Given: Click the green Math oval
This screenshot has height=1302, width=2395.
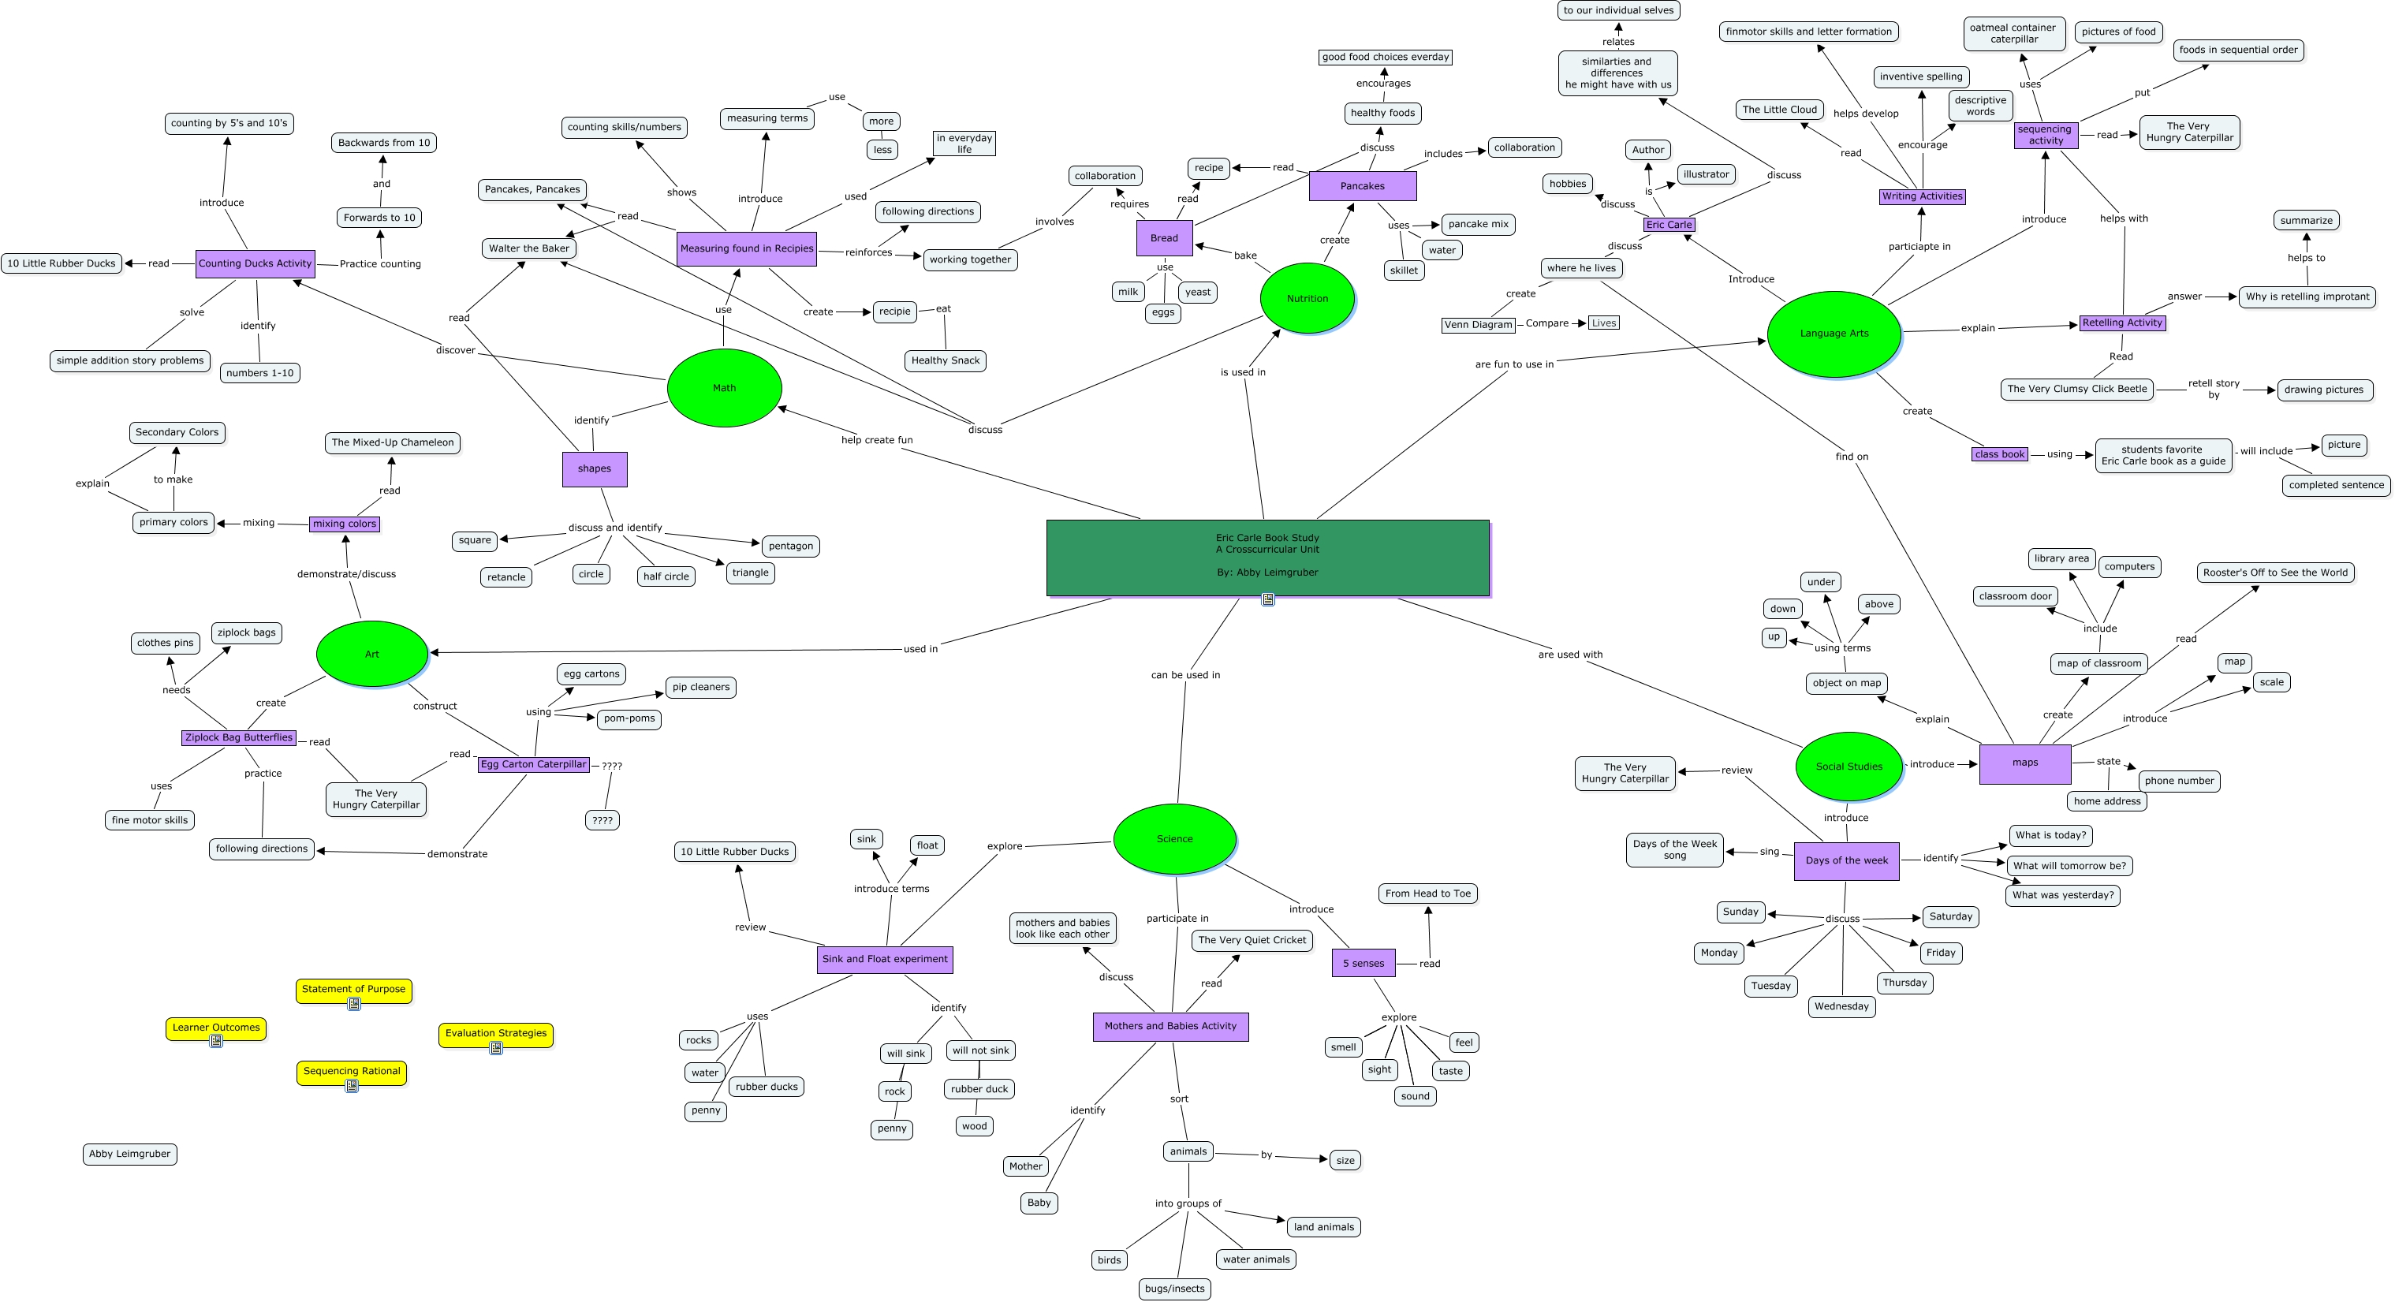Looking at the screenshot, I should click(724, 388).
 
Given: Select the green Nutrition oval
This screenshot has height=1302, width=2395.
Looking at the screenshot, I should click(1308, 299).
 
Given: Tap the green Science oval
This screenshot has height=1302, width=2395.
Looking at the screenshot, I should click(1174, 839).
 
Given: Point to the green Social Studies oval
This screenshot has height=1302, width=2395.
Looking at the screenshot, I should click(1848, 767).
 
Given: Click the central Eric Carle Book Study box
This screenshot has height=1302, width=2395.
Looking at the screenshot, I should click(1267, 557).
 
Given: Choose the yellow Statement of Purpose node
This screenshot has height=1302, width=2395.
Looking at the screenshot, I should click(353, 989).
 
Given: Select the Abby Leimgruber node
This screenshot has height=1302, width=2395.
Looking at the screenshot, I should click(129, 1154).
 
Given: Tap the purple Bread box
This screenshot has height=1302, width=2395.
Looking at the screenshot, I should click(1164, 238).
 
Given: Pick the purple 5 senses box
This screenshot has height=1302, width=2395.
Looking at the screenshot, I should click(1363, 964).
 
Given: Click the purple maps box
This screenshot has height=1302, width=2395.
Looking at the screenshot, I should click(2025, 763).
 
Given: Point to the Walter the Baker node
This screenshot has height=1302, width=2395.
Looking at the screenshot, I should click(529, 248).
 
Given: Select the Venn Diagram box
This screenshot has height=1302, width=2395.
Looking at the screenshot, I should click(1479, 325).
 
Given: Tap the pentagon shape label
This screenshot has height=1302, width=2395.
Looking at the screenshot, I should click(790, 546).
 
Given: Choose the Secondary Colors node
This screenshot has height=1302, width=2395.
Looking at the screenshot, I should click(177, 432).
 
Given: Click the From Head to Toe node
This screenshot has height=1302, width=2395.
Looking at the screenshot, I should click(1427, 893).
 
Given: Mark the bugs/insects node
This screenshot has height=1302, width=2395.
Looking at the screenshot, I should click(1174, 1288).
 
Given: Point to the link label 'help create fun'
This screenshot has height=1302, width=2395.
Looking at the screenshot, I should click(877, 440).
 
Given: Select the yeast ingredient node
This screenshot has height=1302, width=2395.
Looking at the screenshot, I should click(1197, 292).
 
